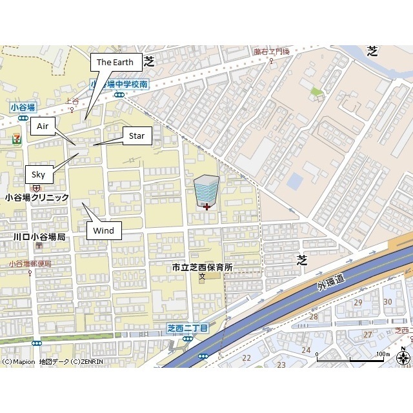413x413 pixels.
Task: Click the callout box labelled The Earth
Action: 115,63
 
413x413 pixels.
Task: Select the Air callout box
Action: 43,126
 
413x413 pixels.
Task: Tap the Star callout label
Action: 137,136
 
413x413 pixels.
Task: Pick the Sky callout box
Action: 39,174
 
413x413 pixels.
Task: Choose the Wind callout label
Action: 103,230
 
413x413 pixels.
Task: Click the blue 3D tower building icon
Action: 206,189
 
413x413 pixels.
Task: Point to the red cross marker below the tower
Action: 206,206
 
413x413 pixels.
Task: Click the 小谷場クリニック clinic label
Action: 37,197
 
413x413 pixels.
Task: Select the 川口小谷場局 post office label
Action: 39,237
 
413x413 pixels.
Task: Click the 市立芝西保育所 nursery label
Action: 202,267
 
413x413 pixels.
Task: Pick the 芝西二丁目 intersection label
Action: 188,328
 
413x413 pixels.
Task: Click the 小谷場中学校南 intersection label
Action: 119,85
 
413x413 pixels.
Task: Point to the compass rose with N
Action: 403,358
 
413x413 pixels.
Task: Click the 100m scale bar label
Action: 383,354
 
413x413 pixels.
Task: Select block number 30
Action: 388,301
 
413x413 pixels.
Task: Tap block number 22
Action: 246,358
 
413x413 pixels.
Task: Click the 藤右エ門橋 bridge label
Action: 272,51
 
